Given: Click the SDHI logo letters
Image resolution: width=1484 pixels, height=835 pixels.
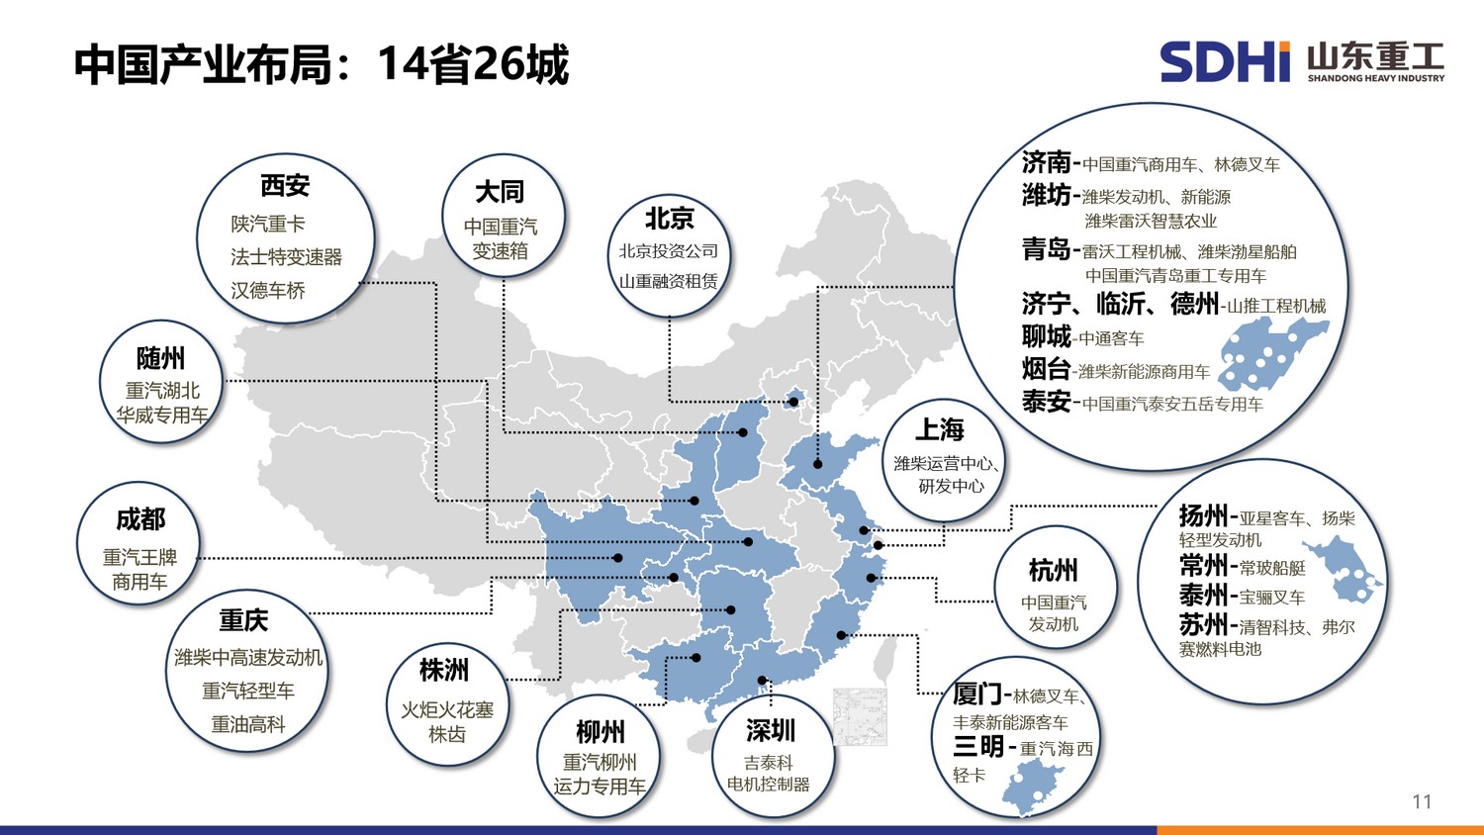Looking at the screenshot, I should [1225, 61].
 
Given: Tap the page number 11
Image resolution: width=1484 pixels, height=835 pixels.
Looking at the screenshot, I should [1422, 801].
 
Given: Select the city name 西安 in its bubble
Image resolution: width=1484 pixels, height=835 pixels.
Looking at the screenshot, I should [285, 185].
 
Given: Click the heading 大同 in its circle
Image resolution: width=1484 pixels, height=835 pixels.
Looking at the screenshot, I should [500, 191].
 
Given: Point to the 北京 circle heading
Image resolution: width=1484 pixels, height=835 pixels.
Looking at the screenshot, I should [670, 218].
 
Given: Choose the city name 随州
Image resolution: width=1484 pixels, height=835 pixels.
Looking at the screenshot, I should [160, 358].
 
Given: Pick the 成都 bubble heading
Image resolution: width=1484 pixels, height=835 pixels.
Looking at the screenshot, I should [140, 518].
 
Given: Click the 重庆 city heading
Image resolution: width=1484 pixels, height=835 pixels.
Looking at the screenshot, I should [243, 620].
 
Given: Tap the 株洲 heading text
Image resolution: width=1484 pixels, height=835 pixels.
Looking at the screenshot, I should [444, 670].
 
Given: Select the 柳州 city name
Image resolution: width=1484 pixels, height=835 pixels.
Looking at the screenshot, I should [601, 732].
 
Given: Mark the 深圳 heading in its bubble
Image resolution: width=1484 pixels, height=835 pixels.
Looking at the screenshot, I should [771, 730].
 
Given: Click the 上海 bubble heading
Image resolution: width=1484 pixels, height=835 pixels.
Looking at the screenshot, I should [940, 429].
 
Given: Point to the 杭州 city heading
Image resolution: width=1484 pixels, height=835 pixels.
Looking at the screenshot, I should [1053, 570].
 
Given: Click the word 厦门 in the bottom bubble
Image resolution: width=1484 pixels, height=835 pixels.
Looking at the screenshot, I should [977, 694].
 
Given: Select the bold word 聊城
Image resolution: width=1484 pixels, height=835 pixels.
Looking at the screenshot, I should [1046, 336].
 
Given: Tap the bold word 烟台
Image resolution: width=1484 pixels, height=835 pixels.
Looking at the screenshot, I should [1046, 369].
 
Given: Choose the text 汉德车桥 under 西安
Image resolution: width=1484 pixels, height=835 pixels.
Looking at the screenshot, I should [268, 290].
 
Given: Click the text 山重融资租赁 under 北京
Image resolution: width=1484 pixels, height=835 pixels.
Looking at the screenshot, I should [668, 281].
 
